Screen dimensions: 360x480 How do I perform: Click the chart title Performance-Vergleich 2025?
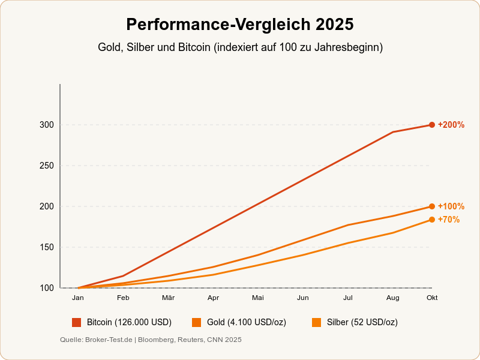click(240, 25)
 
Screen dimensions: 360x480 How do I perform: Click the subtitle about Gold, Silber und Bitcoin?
click(240, 47)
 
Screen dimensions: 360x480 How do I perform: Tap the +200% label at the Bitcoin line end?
click(451, 125)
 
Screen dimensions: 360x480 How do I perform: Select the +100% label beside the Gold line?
click(451, 206)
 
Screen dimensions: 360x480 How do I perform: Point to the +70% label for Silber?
click(449, 220)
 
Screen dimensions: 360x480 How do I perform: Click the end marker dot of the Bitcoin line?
click(432, 125)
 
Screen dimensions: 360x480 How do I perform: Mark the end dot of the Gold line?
click(432, 206)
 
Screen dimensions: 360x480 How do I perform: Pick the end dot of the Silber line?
click(432, 220)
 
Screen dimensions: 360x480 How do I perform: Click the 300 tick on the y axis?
click(47, 125)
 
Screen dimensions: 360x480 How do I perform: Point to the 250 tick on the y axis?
click(47, 166)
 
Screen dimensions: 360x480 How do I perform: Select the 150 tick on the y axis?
click(47, 247)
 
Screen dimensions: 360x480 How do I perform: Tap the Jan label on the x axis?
click(78, 298)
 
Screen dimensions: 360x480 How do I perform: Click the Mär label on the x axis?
click(168, 298)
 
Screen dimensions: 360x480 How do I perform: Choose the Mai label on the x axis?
click(258, 298)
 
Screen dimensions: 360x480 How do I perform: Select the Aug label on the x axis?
click(393, 298)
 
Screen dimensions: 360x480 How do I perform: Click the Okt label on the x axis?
click(432, 298)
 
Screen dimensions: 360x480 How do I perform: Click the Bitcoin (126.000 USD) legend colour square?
click(76, 322)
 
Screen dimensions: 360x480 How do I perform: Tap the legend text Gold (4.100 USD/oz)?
click(246, 322)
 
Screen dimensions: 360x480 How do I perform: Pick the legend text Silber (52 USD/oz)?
click(362, 322)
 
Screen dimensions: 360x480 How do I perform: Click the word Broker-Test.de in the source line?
click(109, 340)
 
